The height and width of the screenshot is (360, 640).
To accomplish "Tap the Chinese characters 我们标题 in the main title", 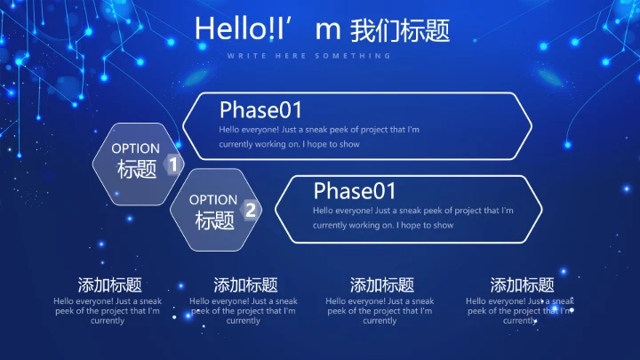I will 400,30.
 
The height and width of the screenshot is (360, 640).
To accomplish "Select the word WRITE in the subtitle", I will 240,56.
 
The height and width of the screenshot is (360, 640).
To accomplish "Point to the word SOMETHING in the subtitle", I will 364,56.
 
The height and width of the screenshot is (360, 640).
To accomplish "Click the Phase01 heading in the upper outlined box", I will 260,110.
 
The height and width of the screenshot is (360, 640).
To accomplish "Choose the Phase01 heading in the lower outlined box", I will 355,190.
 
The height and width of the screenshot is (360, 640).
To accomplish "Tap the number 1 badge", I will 173,165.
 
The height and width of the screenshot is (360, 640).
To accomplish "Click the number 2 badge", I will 251,210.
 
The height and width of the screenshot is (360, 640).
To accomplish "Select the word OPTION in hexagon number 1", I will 136,148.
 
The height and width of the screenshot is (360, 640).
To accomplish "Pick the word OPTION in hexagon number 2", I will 213,200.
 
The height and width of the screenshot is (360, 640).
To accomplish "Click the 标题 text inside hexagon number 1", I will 137,169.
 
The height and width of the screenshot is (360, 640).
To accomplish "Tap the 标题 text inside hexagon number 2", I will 214,220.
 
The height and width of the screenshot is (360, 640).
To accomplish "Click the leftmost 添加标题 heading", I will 109,285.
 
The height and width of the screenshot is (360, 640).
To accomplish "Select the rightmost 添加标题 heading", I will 522,285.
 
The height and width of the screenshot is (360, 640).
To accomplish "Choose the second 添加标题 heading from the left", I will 245,285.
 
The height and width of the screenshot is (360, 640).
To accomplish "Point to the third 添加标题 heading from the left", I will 381,285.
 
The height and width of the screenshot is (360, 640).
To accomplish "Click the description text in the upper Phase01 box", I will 319,137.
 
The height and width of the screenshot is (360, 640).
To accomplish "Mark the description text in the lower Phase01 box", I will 412,218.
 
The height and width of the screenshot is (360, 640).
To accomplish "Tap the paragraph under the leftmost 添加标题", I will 108,311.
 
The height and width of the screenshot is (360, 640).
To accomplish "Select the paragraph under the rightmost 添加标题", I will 520,311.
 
